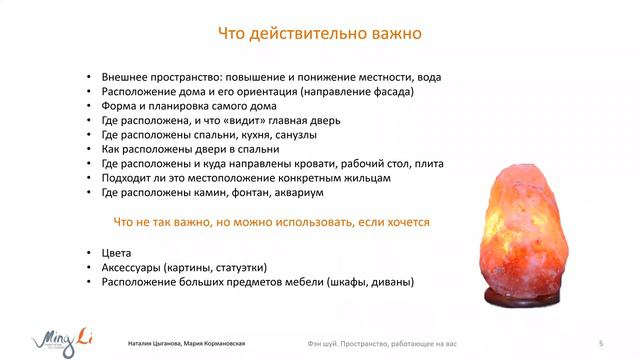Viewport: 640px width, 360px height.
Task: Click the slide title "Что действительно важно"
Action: click(x=320, y=33)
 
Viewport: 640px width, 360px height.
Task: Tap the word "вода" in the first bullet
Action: click(x=427, y=77)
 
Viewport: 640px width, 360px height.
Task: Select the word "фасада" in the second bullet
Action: click(x=391, y=92)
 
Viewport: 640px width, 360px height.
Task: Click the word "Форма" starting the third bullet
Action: click(x=120, y=106)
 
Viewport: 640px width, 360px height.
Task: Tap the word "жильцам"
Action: click(x=362, y=178)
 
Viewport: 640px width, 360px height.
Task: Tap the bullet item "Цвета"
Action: click(x=117, y=254)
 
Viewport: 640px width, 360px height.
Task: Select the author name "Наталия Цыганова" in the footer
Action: click(x=156, y=343)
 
